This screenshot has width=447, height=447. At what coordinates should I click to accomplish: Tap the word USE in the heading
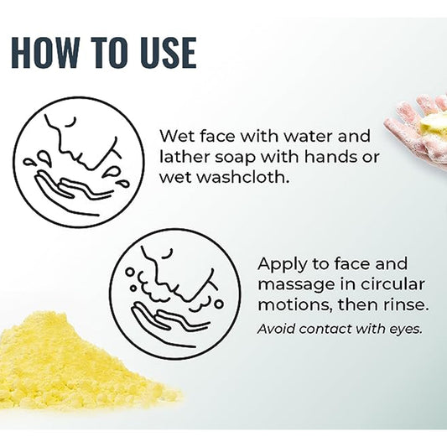point(169,53)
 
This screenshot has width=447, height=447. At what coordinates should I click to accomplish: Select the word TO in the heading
point(110,53)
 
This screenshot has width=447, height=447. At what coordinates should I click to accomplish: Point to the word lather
point(185,157)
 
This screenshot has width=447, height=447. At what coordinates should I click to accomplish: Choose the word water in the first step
point(309,136)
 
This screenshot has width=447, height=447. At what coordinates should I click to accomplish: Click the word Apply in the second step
point(283,265)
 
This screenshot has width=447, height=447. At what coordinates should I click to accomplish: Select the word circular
point(392,284)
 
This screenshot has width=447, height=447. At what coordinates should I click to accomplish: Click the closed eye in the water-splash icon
point(70,122)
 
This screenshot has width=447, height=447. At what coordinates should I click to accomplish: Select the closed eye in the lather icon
point(168,253)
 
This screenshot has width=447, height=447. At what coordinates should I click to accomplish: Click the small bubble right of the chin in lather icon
point(219,304)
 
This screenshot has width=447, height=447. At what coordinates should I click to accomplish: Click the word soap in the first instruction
point(234,158)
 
